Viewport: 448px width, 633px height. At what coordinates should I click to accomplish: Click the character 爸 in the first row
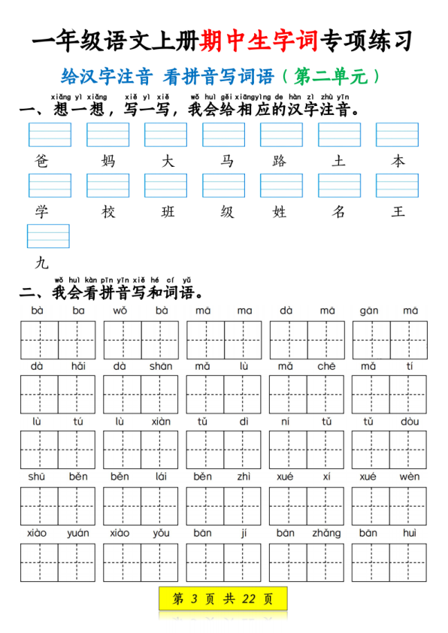pos(41,162)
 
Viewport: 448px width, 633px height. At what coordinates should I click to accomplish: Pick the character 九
pos(41,262)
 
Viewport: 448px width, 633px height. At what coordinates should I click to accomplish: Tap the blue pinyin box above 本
pos(397,135)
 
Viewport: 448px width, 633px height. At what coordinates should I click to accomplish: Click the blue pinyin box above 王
pos(397,185)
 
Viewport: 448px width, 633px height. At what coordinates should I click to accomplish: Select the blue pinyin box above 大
pos(165,135)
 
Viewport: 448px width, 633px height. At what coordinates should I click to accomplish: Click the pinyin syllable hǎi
pos(78,366)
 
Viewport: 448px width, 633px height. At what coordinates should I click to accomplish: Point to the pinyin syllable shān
pos(161,366)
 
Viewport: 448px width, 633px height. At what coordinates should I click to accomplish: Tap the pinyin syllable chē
pos(327,366)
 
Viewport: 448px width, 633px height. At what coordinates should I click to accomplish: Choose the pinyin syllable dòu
pos(410,422)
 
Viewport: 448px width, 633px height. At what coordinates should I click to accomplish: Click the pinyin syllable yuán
pos(77,533)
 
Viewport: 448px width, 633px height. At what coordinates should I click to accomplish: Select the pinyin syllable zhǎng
pos(327,533)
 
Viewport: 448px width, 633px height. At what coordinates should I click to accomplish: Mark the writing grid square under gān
pos(370,340)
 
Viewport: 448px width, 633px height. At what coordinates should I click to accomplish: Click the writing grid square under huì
pos(408,562)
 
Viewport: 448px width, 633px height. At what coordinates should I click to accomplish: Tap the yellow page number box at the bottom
pos(223,599)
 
